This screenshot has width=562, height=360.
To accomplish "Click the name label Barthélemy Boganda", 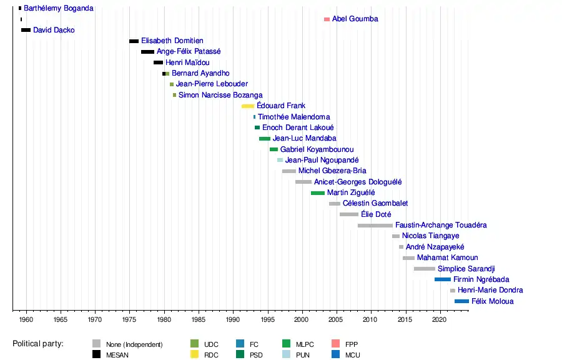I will point(59,8).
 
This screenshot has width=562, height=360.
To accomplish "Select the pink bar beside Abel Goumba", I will point(327,19).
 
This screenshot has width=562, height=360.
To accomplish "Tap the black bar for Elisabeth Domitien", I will point(134,41).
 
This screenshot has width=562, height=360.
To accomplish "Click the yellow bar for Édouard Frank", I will point(248,106).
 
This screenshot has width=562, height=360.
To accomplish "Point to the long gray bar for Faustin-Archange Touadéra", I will point(375,226).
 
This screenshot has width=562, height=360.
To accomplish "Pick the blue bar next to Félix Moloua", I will point(461,301).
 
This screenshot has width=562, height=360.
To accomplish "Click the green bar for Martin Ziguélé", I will point(317,193).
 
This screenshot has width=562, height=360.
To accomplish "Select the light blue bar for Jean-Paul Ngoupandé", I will point(280,161).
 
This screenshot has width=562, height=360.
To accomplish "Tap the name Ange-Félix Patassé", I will point(189,52).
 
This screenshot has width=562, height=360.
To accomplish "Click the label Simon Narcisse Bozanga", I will point(220,95).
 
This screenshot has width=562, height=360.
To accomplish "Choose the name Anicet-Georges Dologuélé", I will point(358,182).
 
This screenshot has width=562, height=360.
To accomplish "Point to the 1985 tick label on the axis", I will point(199,319).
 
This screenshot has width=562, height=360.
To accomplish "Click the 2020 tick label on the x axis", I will point(440,319).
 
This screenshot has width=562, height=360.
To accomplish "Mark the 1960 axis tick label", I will point(26,319).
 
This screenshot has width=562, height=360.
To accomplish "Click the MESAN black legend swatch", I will point(96,355).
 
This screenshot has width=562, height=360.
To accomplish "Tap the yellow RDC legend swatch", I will point(194,355).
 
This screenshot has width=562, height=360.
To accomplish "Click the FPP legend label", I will point(352,344).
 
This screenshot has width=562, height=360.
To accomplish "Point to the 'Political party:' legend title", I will point(42,344).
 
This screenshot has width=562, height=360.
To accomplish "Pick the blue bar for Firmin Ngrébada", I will point(442,279).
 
